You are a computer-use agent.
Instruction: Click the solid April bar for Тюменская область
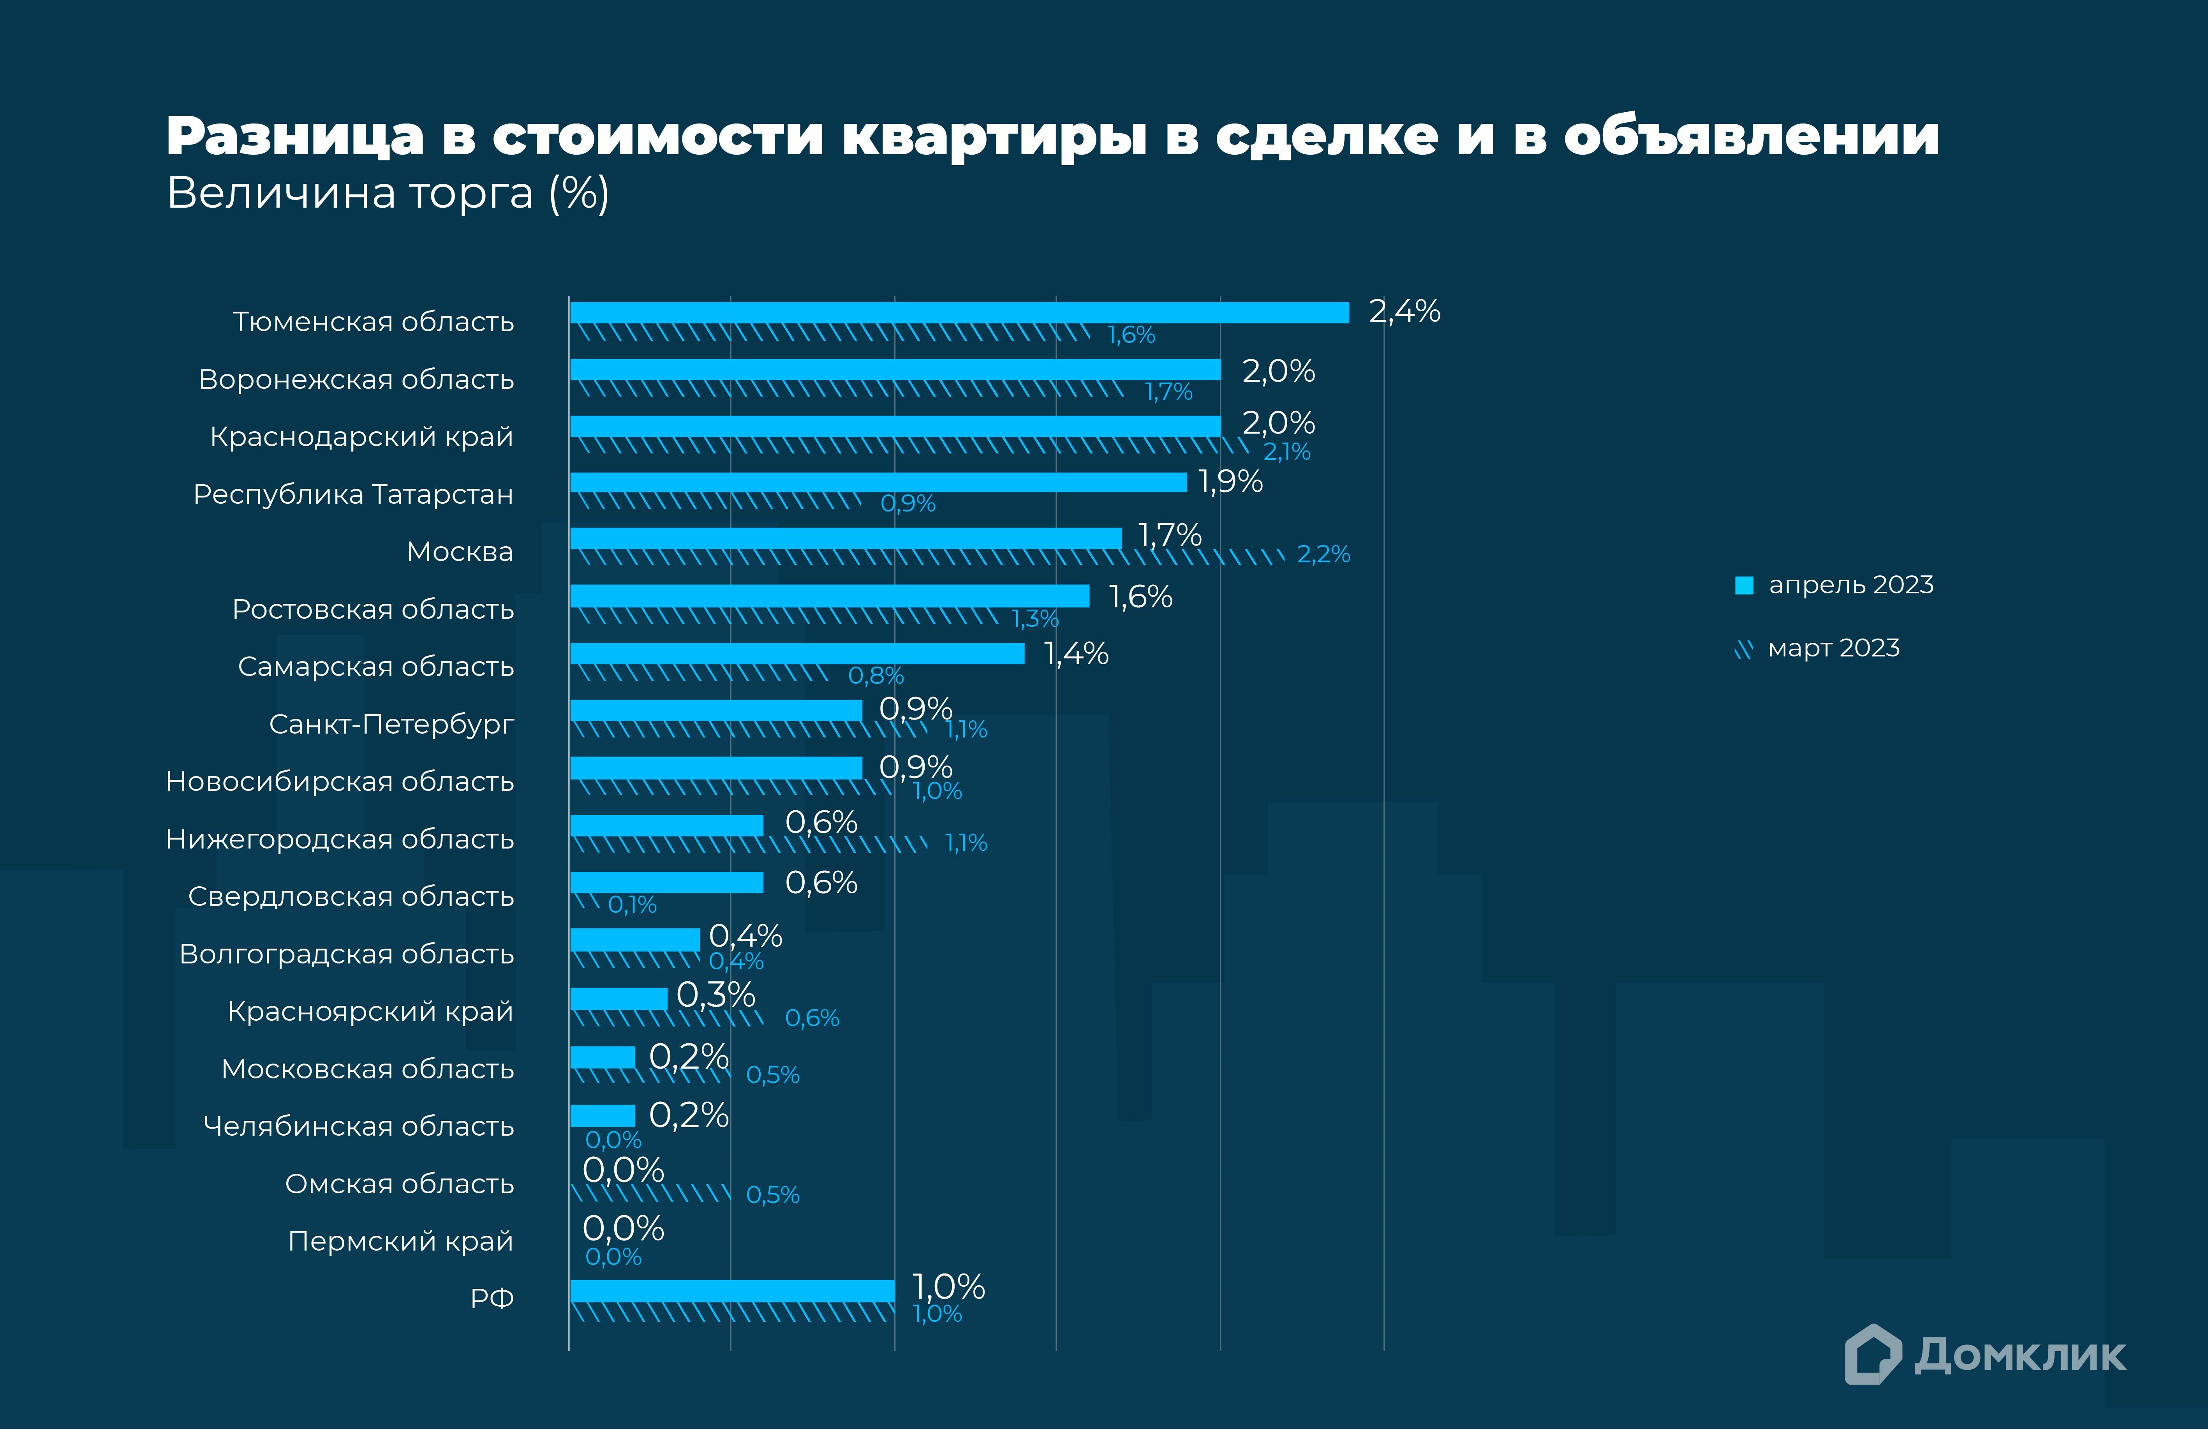tap(959, 313)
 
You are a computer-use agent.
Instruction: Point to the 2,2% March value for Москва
tap(1323, 555)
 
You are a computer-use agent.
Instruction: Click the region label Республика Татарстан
tap(352, 495)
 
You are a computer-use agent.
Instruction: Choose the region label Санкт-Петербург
tap(391, 724)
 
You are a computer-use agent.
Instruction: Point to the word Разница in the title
tap(295, 136)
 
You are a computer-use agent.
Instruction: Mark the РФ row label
tap(492, 1298)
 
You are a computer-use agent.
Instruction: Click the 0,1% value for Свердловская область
tap(632, 905)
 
